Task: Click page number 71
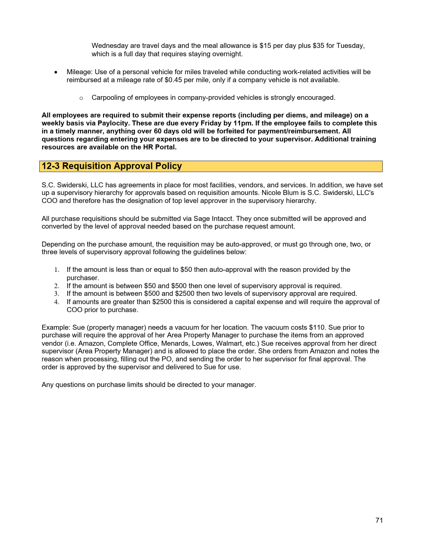point(379,520)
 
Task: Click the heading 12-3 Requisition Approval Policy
point(112,166)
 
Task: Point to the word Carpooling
point(108,98)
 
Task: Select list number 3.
point(57,294)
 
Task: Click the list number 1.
point(57,270)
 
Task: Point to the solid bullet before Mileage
point(56,72)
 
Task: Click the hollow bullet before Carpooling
point(81,98)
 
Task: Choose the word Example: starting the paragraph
point(56,327)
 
